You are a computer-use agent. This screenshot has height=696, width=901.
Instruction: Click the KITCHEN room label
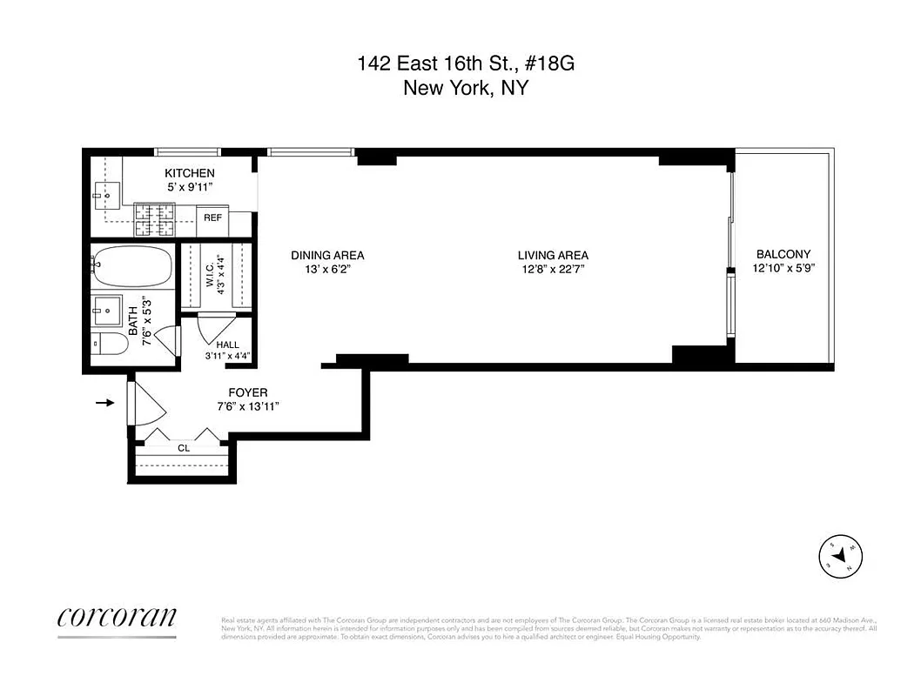tap(189, 173)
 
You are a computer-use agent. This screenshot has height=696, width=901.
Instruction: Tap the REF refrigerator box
tap(212, 217)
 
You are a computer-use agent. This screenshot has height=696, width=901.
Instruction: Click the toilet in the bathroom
tap(111, 344)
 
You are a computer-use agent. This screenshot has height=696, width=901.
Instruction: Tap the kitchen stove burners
tap(154, 220)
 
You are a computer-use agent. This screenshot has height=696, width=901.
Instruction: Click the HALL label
tap(227, 345)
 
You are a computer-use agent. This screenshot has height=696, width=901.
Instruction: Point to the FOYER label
tap(248, 393)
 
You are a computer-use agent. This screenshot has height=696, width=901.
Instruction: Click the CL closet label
tap(184, 448)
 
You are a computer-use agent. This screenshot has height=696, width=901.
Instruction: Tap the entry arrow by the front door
tap(105, 403)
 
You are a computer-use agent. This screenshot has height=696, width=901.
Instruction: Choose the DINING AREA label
tap(327, 255)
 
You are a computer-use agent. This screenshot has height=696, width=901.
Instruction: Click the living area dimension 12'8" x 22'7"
tap(553, 269)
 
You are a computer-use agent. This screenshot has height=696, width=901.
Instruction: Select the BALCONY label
tap(783, 254)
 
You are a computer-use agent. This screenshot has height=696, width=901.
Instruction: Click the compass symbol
tap(841, 555)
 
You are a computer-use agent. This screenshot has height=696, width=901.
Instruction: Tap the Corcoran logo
tap(117, 617)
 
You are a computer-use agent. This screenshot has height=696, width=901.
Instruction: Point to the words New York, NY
tap(465, 88)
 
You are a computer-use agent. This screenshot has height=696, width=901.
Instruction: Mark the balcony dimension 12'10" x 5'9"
tap(783, 268)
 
